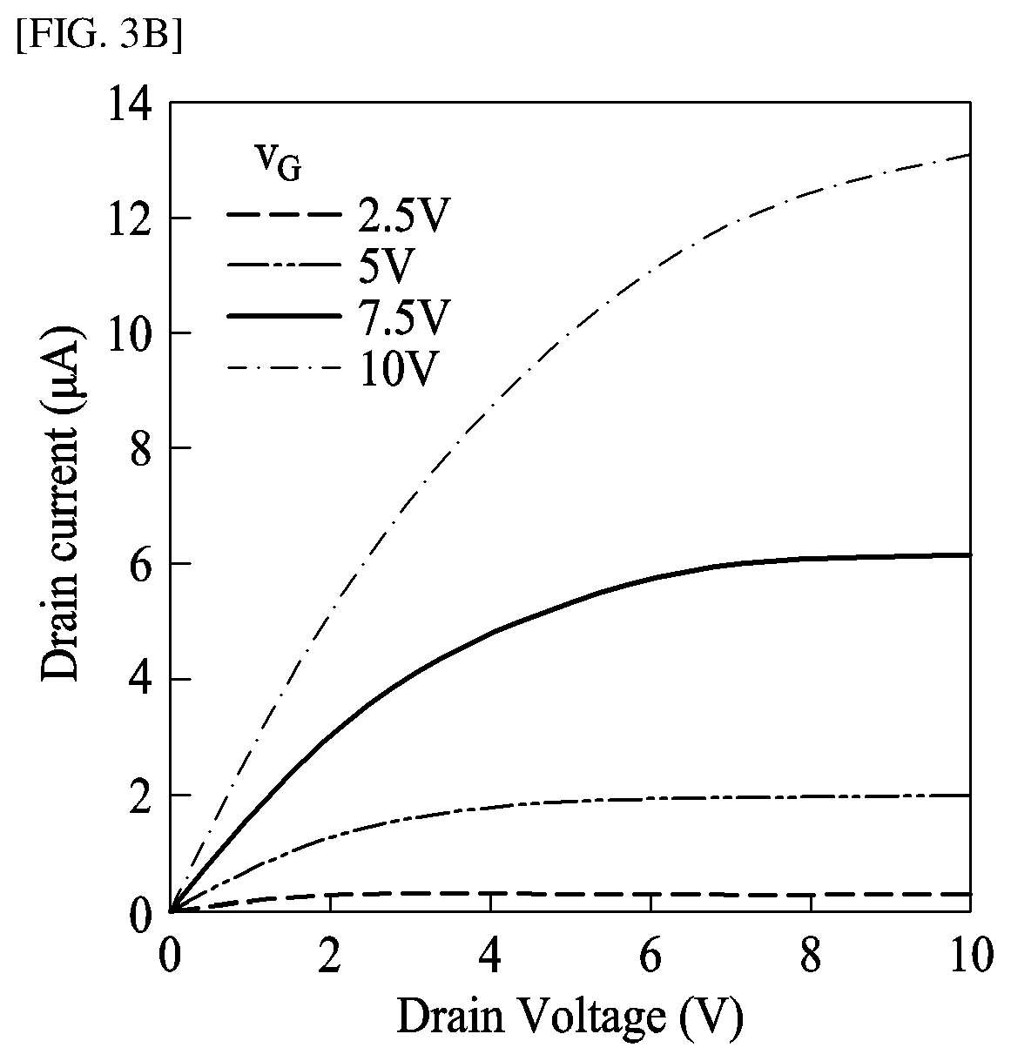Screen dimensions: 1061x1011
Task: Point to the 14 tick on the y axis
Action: (129, 104)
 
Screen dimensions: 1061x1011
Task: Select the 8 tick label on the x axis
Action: (811, 956)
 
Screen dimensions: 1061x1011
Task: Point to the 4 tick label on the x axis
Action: (490, 956)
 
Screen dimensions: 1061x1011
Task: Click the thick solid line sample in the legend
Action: (282, 317)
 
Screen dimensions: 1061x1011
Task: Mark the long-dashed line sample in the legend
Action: (282, 215)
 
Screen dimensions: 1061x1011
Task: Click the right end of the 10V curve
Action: (969, 155)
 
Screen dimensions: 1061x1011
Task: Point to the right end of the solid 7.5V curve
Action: (969, 554)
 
